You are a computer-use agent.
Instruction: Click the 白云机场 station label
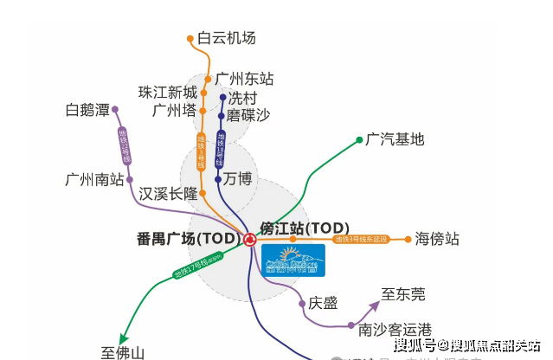[x=227, y=38]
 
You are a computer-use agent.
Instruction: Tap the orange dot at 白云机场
[x=191, y=38]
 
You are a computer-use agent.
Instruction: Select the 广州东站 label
[x=244, y=78]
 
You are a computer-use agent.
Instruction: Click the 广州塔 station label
[x=174, y=110]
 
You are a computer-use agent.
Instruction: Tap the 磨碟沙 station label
[x=249, y=114]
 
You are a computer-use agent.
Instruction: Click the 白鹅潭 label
[x=87, y=110]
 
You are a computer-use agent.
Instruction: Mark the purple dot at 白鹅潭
[x=115, y=110]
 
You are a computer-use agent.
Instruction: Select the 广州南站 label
[x=95, y=180]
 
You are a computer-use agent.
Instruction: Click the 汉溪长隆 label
[x=167, y=193]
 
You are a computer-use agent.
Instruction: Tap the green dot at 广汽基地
[x=359, y=139]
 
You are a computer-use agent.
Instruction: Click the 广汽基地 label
[x=395, y=138]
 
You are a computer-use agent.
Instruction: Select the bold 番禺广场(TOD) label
[x=187, y=238]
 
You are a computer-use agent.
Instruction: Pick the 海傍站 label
[x=437, y=239]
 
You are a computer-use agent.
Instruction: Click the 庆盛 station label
[x=324, y=303]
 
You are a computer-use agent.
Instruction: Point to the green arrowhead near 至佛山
[x=125, y=338]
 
